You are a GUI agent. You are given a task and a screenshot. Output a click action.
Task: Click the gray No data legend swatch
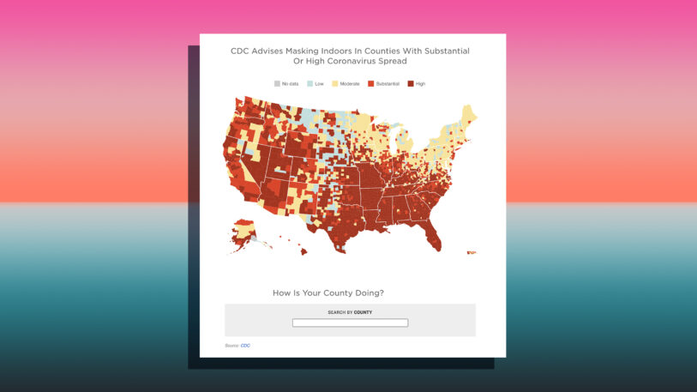(277, 83)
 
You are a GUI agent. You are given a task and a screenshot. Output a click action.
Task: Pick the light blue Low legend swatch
(309, 83)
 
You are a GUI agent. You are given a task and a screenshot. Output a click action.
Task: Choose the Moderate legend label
(350, 83)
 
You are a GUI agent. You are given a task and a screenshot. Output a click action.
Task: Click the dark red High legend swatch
(411, 83)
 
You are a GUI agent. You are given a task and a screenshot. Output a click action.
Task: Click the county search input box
(350, 323)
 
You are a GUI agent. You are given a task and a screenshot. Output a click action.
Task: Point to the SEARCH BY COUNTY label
(350, 312)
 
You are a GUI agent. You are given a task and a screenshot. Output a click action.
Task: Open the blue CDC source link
(245, 346)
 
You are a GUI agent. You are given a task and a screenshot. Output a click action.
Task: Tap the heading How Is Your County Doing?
(328, 292)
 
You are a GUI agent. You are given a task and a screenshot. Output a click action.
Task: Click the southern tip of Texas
(341, 248)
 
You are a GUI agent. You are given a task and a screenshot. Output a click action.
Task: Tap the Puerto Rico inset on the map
(471, 252)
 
